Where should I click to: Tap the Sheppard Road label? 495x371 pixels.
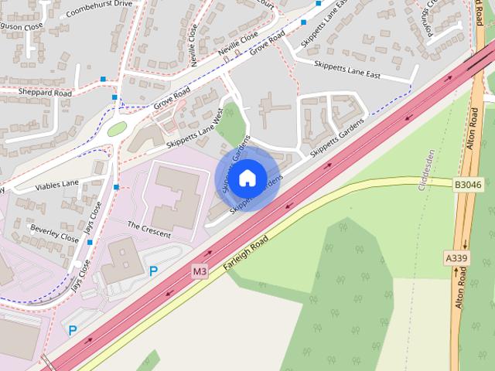click(46, 93)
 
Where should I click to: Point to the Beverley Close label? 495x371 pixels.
click(54, 233)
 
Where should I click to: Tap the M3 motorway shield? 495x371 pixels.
click(200, 271)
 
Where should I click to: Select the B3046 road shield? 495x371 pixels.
click(467, 185)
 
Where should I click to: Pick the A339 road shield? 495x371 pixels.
click(457, 257)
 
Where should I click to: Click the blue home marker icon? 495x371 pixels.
click(247, 179)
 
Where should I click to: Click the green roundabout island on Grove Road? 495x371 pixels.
click(117, 129)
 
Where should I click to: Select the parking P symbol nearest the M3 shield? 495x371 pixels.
click(153, 271)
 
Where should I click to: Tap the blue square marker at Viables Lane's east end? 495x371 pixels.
click(116, 187)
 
